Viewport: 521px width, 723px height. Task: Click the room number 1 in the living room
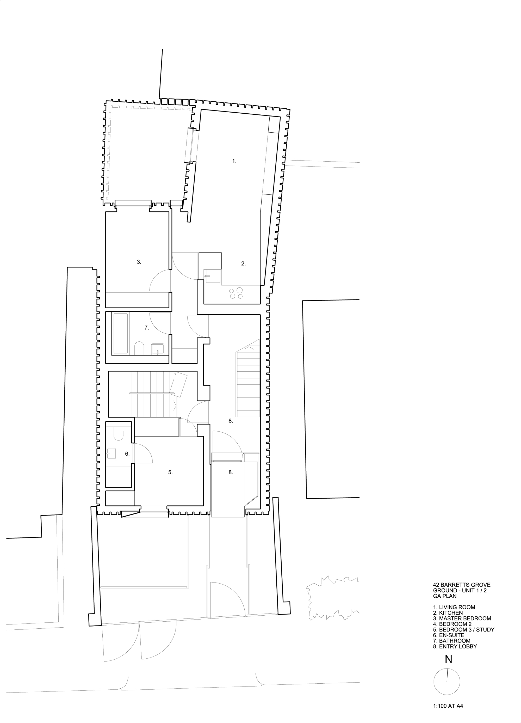click(x=234, y=161)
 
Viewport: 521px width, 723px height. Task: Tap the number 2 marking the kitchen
click(x=244, y=264)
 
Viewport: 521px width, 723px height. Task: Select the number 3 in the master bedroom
click(x=139, y=262)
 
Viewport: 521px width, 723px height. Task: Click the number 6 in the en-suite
click(x=127, y=454)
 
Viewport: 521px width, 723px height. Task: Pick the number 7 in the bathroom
click(x=147, y=328)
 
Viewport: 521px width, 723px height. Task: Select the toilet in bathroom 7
click(x=139, y=348)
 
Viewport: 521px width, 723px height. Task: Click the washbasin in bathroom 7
click(x=157, y=349)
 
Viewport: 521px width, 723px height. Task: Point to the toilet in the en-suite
click(x=119, y=433)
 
